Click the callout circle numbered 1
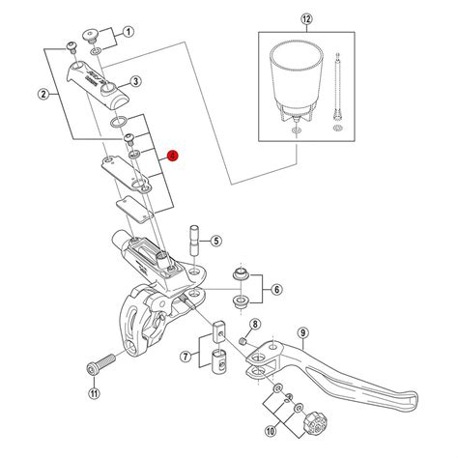128,31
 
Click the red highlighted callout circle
172,155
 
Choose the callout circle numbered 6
276,289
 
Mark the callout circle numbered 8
255,325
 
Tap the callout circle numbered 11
94,393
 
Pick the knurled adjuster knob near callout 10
314,422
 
